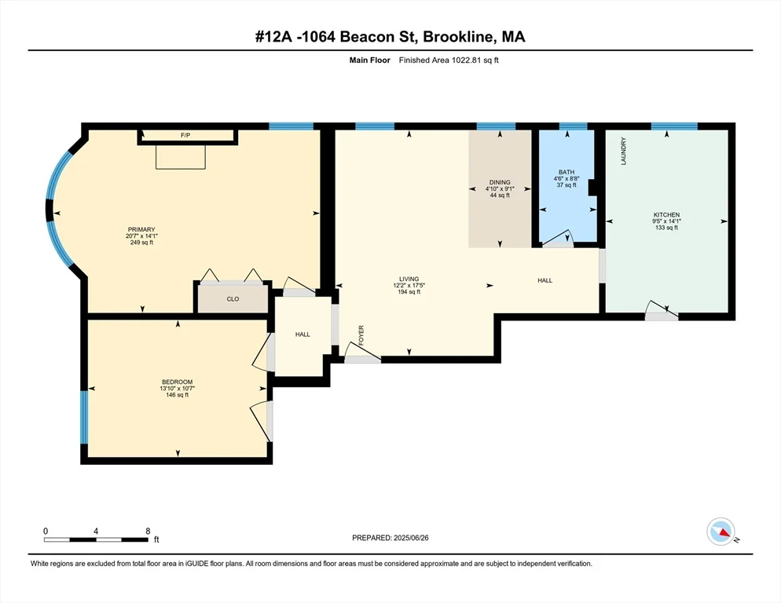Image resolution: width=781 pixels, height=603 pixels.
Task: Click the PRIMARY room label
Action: coord(142,230)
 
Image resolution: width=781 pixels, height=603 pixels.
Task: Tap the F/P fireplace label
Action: coord(185,136)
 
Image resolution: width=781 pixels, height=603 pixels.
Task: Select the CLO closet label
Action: coord(233,298)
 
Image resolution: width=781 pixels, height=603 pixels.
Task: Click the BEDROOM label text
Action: coord(177,382)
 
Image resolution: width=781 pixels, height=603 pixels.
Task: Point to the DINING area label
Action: coord(500,182)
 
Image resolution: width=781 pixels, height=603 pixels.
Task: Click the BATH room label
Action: coord(566,172)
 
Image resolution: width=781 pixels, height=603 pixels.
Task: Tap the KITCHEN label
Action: coord(666,214)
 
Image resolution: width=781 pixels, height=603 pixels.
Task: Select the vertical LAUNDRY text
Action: coord(623,151)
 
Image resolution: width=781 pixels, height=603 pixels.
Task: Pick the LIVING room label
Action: coord(409,279)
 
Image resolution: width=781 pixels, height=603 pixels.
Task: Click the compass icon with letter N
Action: coord(720,532)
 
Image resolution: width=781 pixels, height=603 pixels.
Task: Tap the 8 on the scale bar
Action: coord(148,531)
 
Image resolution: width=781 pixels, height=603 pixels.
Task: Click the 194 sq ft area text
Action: coord(409,291)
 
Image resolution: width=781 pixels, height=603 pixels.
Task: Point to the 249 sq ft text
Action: coord(142,243)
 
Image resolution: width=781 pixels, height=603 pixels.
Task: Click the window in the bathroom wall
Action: coord(573,126)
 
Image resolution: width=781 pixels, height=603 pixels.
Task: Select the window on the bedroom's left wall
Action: coord(84,417)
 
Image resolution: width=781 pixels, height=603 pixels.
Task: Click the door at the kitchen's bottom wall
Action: coord(661,316)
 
